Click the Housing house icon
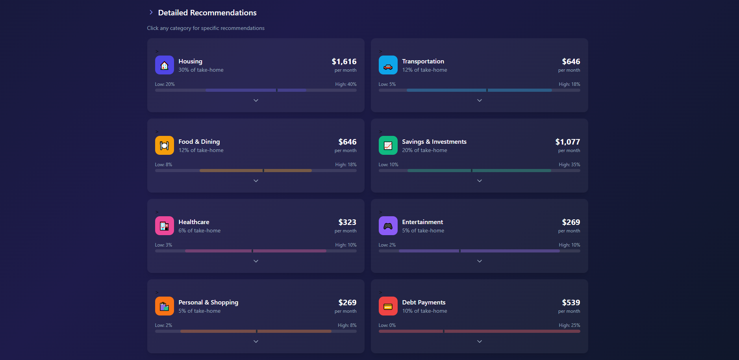pyautogui.click(x=164, y=65)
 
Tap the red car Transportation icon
pyautogui.click(x=388, y=65)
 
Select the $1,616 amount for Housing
pyautogui.click(x=344, y=61)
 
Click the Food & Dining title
pyautogui.click(x=199, y=141)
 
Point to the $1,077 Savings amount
pyautogui.click(x=567, y=142)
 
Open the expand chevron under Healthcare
pyautogui.click(x=256, y=261)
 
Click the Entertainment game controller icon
pyautogui.click(x=388, y=226)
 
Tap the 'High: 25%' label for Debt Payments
pyautogui.click(x=569, y=325)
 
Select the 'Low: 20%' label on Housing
pyautogui.click(x=165, y=84)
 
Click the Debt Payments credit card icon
pyautogui.click(x=388, y=306)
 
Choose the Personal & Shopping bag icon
pyautogui.click(x=164, y=306)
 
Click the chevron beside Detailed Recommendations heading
pyautogui.click(x=151, y=13)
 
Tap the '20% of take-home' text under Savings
pyautogui.click(x=424, y=150)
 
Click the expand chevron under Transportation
pyautogui.click(x=480, y=100)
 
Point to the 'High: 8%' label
pyautogui.click(x=347, y=325)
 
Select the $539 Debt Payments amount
pyautogui.click(x=571, y=302)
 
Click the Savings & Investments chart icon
pyautogui.click(x=388, y=145)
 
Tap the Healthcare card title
pyautogui.click(x=194, y=222)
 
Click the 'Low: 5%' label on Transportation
pyautogui.click(x=387, y=84)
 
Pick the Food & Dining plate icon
pyautogui.click(x=164, y=145)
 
